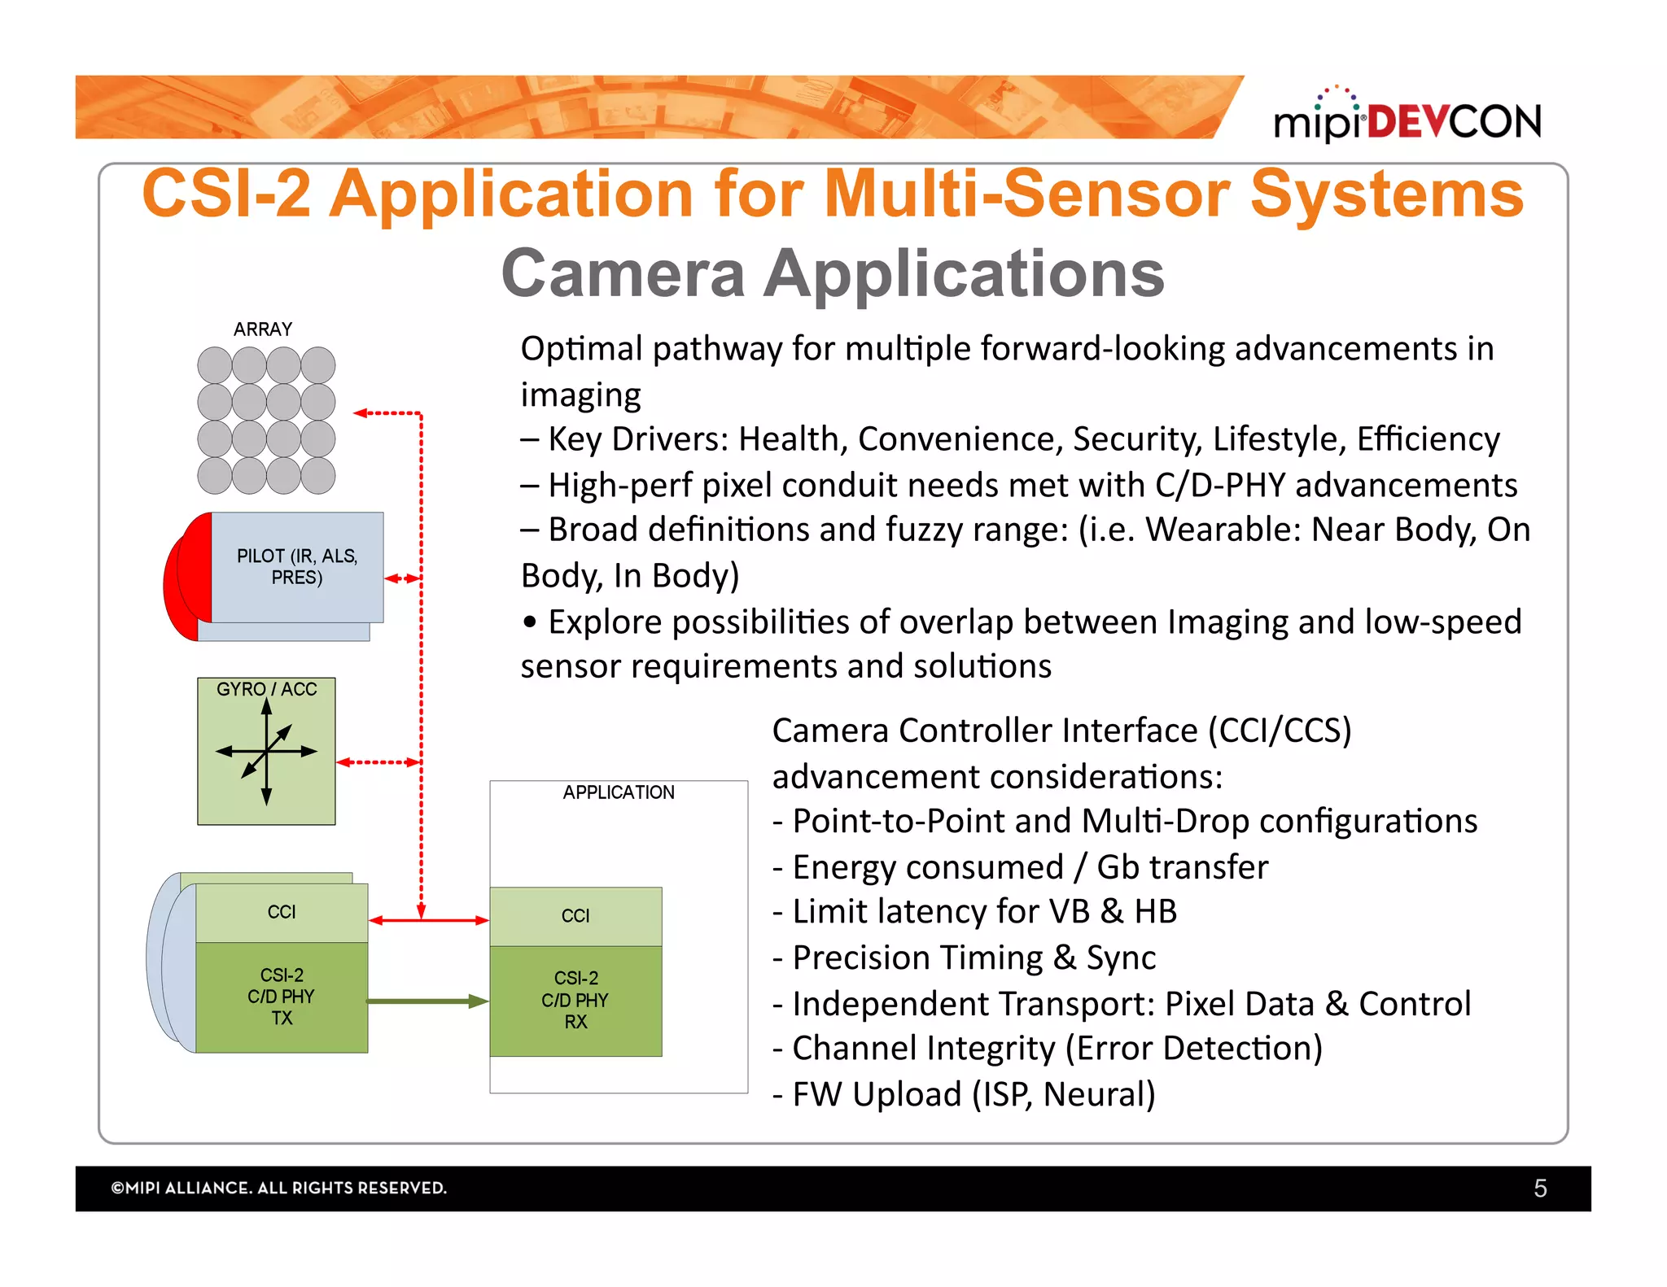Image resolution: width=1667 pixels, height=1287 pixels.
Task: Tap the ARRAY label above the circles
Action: [x=262, y=329]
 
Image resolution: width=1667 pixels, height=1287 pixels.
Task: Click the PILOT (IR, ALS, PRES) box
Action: [x=297, y=567]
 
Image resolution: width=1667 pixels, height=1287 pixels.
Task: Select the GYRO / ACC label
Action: [x=266, y=689]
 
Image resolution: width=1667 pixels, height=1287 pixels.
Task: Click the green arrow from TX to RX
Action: [x=427, y=1001]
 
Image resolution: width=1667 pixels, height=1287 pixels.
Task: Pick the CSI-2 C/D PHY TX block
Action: [x=282, y=997]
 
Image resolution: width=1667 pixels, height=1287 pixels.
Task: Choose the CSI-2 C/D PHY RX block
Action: [x=575, y=1000]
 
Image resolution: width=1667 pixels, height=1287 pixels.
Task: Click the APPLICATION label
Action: [x=619, y=792]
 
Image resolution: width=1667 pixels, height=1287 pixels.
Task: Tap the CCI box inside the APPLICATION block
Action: [x=575, y=916]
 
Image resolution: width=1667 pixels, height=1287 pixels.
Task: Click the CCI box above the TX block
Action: [x=282, y=912]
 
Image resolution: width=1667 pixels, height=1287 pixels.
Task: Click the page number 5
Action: [x=1540, y=1189]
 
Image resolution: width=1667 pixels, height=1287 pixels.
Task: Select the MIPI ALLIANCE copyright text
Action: [x=279, y=1188]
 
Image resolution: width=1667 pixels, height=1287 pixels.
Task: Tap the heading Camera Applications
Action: [x=833, y=273]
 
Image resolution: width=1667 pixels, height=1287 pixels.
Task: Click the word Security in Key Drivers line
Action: [x=1137, y=439]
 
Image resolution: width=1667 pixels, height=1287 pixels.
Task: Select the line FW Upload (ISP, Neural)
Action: [x=964, y=1094]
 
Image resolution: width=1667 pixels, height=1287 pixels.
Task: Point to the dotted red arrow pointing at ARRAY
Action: [x=387, y=413]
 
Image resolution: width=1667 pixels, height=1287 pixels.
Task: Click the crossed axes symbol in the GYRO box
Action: [x=266, y=752]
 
